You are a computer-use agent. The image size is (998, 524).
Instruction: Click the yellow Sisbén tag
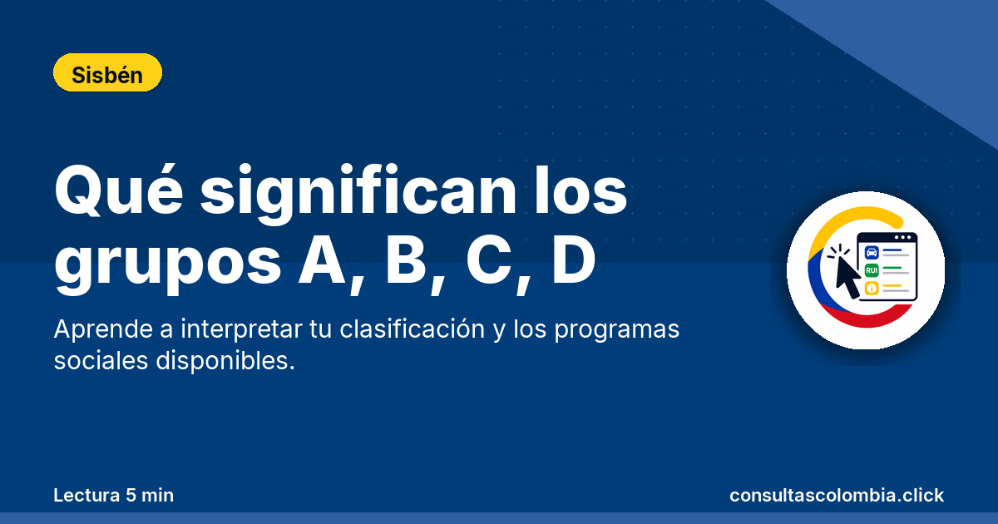pyautogui.click(x=107, y=72)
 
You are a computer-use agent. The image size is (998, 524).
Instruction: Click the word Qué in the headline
pyautogui.click(x=118, y=190)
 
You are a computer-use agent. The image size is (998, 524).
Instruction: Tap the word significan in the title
pyautogui.click(x=358, y=195)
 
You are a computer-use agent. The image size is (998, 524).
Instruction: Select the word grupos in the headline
pyautogui.click(x=167, y=266)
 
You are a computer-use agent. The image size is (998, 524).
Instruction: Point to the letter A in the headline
pyautogui.click(x=322, y=260)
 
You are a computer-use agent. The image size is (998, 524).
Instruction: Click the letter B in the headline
pyautogui.click(x=406, y=260)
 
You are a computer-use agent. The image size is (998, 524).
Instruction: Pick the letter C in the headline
pyautogui.click(x=489, y=260)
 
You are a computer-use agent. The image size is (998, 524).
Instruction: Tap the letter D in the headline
pyautogui.click(x=573, y=260)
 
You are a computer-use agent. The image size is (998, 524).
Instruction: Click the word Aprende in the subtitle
pyautogui.click(x=103, y=330)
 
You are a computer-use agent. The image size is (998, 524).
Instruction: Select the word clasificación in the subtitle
pyautogui.click(x=413, y=329)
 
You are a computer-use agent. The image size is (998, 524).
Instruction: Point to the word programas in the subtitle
pyautogui.click(x=616, y=331)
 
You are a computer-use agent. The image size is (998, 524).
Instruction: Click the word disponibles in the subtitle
pyautogui.click(x=225, y=361)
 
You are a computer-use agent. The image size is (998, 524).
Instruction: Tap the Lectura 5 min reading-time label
pyautogui.click(x=114, y=495)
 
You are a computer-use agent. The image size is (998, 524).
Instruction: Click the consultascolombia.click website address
pyautogui.click(x=837, y=495)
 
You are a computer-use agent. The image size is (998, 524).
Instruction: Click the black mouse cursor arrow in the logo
pyautogui.click(x=847, y=277)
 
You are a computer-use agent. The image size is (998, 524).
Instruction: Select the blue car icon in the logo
pyautogui.click(x=872, y=253)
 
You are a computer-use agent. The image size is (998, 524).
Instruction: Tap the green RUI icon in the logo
pyautogui.click(x=872, y=270)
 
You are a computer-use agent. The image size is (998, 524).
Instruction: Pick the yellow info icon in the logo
pyautogui.click(x=872, y=289)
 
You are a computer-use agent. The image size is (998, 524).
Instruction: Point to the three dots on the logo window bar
pyautogui.click(x=902, y=238)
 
